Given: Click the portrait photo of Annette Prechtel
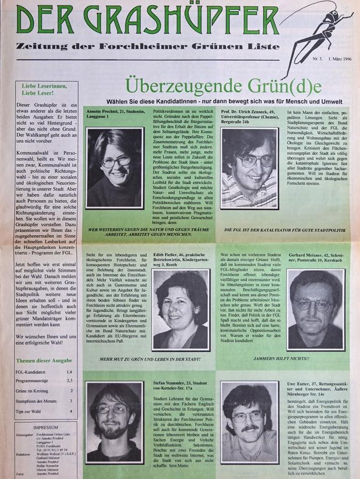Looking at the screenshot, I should [115, 168].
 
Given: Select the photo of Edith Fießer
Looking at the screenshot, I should [181, 310].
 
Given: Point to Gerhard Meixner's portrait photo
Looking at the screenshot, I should [315, 310].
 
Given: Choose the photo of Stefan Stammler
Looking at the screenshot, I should [114, 422].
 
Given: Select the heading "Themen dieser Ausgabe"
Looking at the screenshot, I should [44, 361].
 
